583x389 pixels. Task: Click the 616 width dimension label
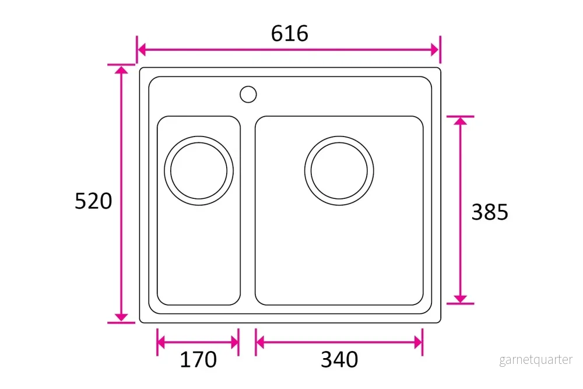tap(289, 33)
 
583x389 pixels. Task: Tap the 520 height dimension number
tap(93, 201)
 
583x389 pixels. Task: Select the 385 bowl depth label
tap(490, 212)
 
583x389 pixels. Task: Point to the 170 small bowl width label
tap(198, 360)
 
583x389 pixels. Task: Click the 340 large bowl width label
tap(339, 360)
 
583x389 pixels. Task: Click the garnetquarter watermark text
tap(536, 360)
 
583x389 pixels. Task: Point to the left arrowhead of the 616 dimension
tap(141, 49)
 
